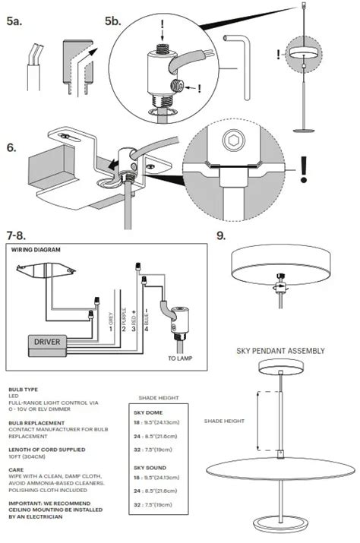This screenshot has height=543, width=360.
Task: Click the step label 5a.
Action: point(16,22)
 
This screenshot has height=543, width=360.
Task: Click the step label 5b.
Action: point(112,22)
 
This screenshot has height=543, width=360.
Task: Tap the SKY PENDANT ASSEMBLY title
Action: point(282,351)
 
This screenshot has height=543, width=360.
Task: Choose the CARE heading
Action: point(17,470)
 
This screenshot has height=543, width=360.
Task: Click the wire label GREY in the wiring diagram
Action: point(111,313)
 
